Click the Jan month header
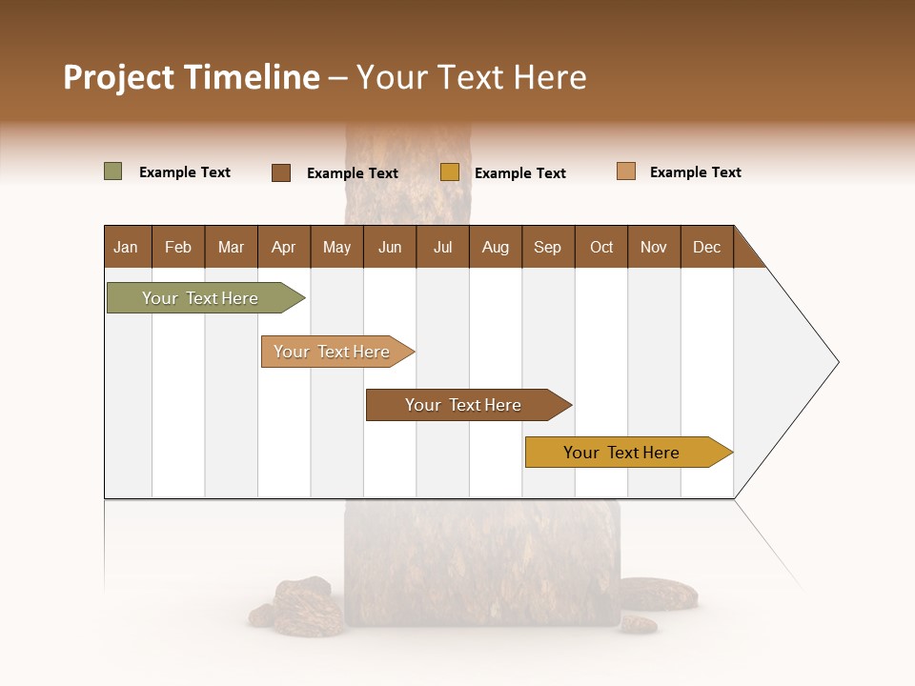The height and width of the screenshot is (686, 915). [x=127, y=247]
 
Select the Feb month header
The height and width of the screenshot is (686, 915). [x=178, y=247]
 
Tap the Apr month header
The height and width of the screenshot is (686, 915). [x=284, y=247]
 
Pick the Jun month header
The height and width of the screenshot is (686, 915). [x=390, y=247]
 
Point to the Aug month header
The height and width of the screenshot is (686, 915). [x=496, y=247]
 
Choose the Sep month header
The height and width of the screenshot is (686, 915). [x=548, y=247]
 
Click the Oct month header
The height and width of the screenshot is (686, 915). [x=601, y=247]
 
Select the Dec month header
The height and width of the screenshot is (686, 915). [x=707, y=247]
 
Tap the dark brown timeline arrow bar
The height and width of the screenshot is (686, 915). [x=464, y=405]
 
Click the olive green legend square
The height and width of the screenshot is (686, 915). [x=113, y=171]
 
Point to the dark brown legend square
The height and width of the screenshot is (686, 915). [x=281, y=172]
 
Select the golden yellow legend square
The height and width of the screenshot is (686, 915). [x=450, y=172]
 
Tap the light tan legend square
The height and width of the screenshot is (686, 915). [x=626, y=171]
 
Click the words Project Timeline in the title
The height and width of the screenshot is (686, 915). [x=192, y=77]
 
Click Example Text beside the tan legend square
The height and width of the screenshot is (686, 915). [x=695, y=172]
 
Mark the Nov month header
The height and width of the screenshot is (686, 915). [x=654, y=247]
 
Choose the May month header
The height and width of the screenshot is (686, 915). [x=336, y=247]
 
